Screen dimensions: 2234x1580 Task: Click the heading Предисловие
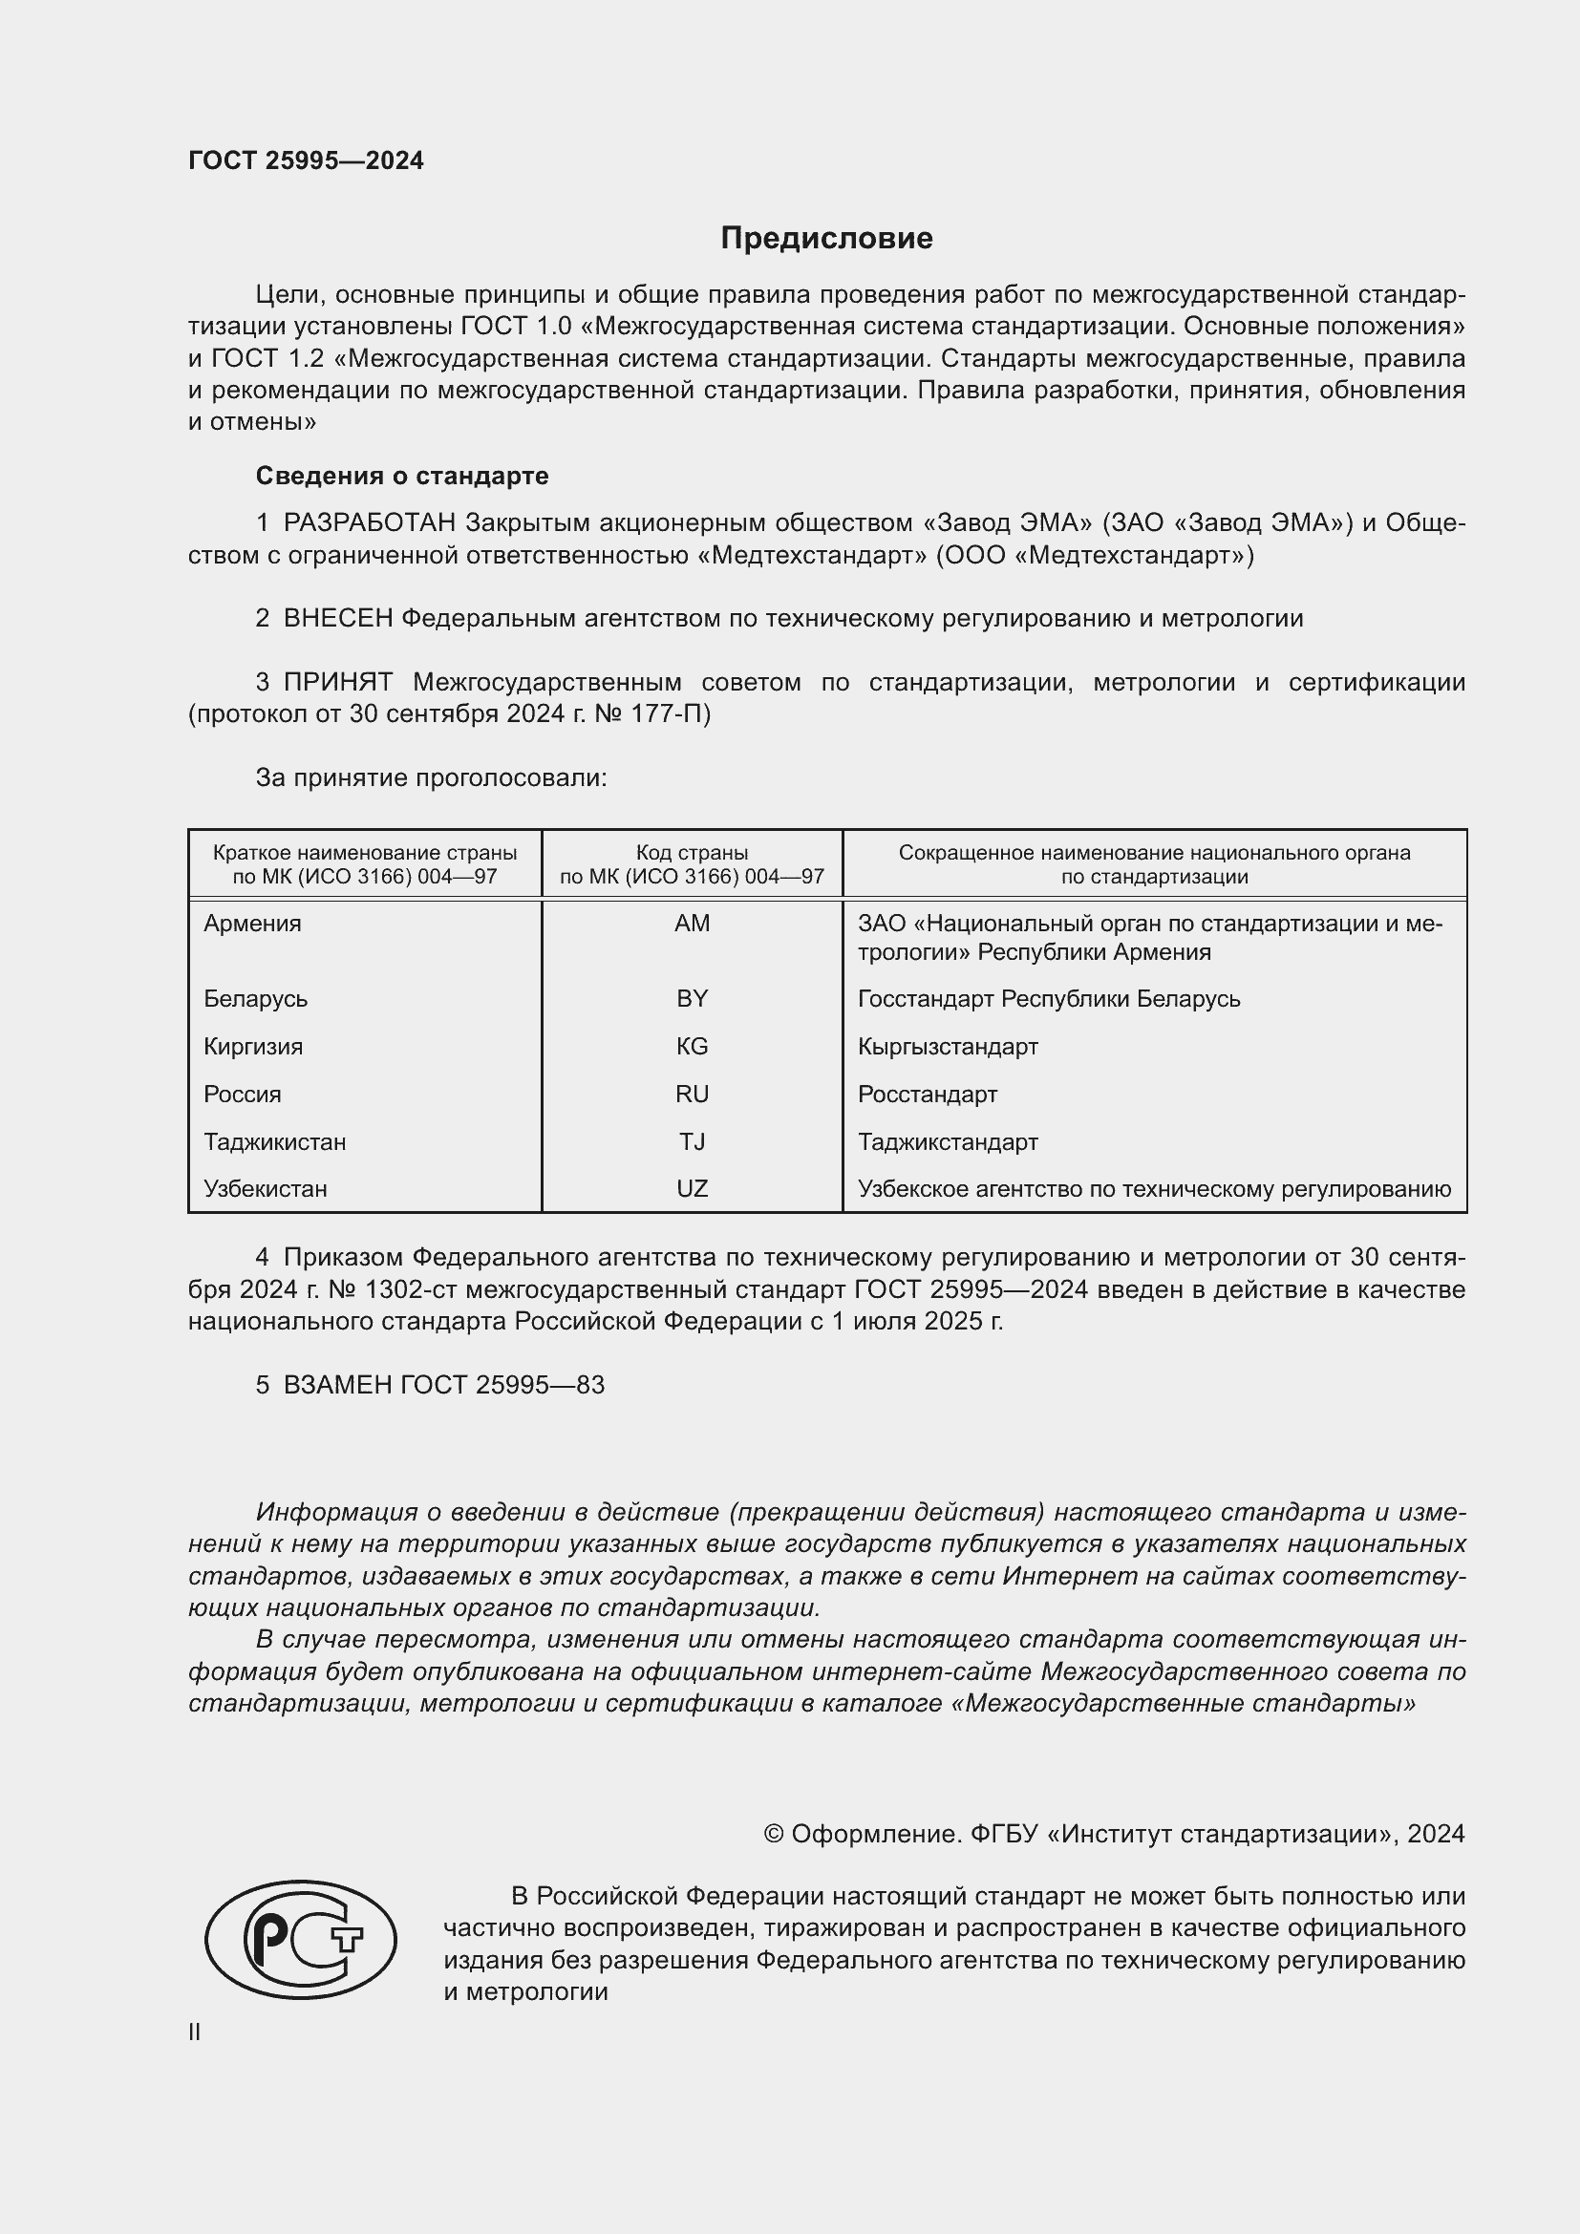click(x=826, y=239)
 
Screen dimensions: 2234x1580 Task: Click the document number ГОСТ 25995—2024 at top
click(x=306, y=160)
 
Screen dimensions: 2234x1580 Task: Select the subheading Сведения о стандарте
click(x=402, y=476)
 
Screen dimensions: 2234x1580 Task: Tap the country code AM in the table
click(x=692, y=924)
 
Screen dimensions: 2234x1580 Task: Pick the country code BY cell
click(x=692, y=998)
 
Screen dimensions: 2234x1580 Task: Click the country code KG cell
click(x=692, y=1046)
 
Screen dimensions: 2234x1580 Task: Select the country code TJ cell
click(x=692, y=1141)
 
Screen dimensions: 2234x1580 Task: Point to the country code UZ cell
click(x=692, y=1188)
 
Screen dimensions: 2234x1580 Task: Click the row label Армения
click(x=252, y=924)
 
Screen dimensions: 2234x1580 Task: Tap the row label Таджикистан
click(x=274, y=1141)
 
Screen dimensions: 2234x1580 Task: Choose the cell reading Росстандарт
click(x=928, y=1094)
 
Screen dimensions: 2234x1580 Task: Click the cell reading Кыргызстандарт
click(x=948, y=1046)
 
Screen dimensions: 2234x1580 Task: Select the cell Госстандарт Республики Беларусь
click(x=1048, y=998)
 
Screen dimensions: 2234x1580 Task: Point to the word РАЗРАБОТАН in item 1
click(x=369, y=523)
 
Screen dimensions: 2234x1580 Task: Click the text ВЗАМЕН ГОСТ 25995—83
click(x=443, y=1385)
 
